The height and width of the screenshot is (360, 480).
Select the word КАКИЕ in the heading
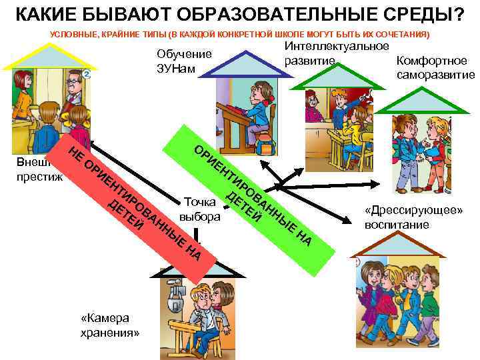click(x=45, y=13)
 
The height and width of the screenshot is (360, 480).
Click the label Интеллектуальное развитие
click(x=337, y=53)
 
